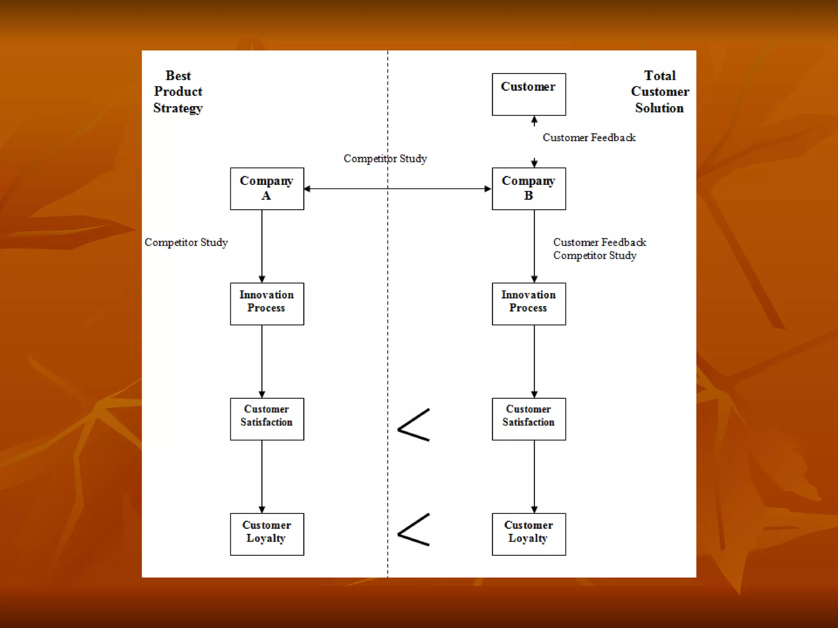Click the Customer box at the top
coord(529,94)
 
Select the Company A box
coord(267,188)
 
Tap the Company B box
coord(529,188)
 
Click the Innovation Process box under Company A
coord(267,304)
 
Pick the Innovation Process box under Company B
coord(529,304)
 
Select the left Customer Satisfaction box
coord(267,419)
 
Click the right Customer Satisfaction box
coord(529,419)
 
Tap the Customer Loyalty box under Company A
coord(267,534)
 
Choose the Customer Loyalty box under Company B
coord(529,534)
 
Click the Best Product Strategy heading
coord(178,92)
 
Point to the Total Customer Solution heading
coord(660,92)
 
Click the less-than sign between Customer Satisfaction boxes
coord(413,425)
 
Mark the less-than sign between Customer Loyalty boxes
coord(413,530)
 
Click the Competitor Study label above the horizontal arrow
coord(385,159)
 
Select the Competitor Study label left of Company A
coord(186,242)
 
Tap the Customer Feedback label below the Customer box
coord(589,138)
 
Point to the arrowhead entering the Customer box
coord(534,120)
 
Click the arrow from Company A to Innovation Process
coord(262,245)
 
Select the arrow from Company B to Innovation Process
coord(534,245)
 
